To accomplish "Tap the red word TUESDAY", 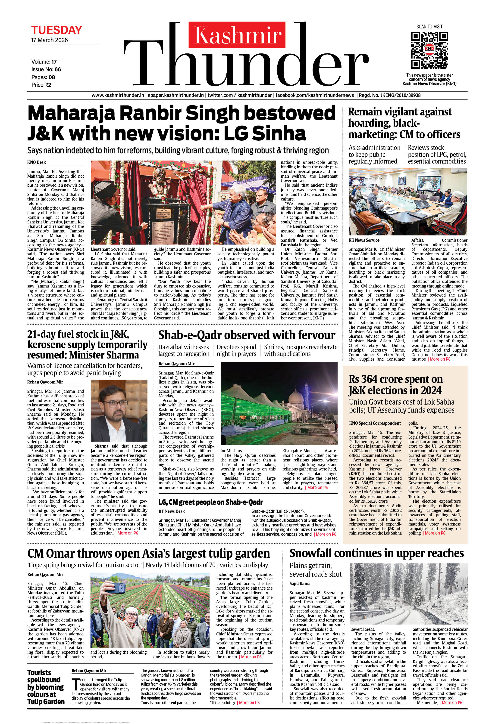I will pos(56,30).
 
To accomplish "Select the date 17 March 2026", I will pos(49,40).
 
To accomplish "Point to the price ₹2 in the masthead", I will pos(42,85).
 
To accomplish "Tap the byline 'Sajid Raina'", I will pos(300,584).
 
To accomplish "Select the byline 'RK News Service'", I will pos(364,240).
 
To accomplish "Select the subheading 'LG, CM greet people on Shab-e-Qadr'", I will pos(210,502).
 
